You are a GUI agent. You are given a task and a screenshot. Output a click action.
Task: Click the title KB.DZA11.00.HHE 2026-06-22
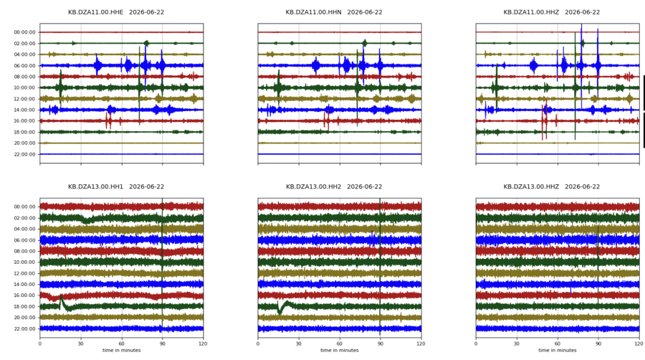pos(116,12)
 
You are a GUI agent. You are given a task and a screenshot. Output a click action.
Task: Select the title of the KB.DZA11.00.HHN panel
pos(334,12)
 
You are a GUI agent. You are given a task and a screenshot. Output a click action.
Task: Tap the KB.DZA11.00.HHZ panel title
pos(552,12)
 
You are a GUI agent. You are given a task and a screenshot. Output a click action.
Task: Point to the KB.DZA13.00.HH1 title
pos(116,186)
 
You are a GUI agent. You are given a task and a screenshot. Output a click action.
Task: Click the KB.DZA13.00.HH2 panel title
pos(334,186)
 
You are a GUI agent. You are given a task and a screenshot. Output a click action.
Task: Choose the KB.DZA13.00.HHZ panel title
pos(552,186)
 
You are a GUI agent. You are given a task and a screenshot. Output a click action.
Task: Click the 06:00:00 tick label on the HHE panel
pos(24,66)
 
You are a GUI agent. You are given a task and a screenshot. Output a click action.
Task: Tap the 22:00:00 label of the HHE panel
pos(24,154)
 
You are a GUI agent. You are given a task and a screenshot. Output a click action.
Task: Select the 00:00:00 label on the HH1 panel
pos(24,207)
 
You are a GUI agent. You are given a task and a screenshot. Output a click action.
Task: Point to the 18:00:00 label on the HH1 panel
pos(24,306)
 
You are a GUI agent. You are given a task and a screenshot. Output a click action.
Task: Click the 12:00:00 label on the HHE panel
pos(24,99)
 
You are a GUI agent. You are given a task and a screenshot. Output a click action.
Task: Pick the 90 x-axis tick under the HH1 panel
pos(163,344)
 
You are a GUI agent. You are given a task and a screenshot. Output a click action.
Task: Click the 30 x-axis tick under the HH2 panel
pos(299,344)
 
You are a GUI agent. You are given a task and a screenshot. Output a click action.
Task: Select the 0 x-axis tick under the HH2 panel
pos(258,344)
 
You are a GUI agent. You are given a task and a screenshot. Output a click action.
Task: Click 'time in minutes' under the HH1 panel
pos(122,351)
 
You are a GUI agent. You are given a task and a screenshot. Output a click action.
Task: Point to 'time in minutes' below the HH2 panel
pos(340,351)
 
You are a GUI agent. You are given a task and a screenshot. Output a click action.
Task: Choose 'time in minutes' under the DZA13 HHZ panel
pos(558,351)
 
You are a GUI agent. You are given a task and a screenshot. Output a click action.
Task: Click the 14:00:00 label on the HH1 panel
pos(24,285)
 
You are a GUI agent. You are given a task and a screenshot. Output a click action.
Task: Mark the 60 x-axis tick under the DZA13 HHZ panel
pos(558,344)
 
